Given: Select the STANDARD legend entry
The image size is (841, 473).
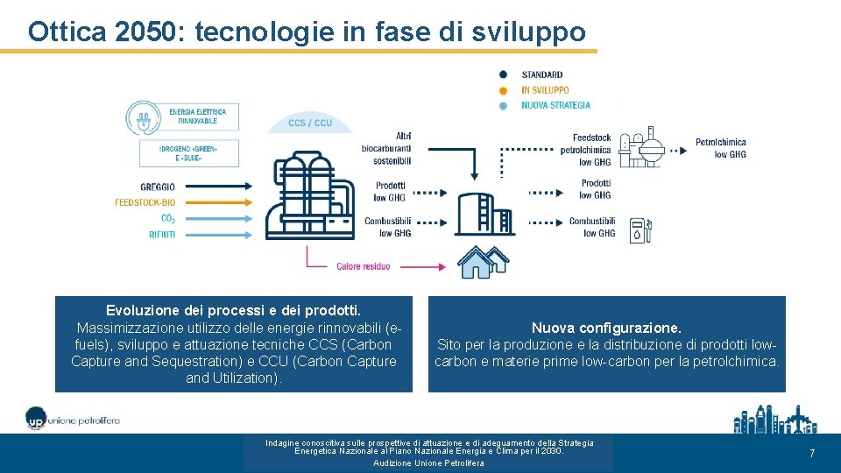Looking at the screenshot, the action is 542,74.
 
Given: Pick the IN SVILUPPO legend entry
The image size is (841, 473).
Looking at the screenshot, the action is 545,90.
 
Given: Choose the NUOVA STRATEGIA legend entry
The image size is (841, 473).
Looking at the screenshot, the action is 555,105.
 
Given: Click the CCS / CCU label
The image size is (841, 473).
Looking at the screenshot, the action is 310,124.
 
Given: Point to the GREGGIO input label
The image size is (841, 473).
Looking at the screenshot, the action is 158,187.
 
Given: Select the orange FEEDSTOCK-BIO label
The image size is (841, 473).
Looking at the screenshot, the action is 145,202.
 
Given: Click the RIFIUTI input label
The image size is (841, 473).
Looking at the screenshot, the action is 162,234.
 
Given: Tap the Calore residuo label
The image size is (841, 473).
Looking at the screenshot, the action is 364,266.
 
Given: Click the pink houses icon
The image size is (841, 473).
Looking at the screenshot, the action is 484,260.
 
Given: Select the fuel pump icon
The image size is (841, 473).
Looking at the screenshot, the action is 641,229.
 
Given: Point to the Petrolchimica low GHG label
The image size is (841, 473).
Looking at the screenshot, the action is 721,148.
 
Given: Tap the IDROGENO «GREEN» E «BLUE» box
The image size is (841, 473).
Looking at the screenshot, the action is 188,153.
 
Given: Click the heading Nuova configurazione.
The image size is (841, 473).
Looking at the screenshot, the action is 606,328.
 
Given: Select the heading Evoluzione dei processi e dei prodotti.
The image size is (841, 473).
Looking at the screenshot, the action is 233,311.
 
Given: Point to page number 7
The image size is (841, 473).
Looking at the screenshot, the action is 812,454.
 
